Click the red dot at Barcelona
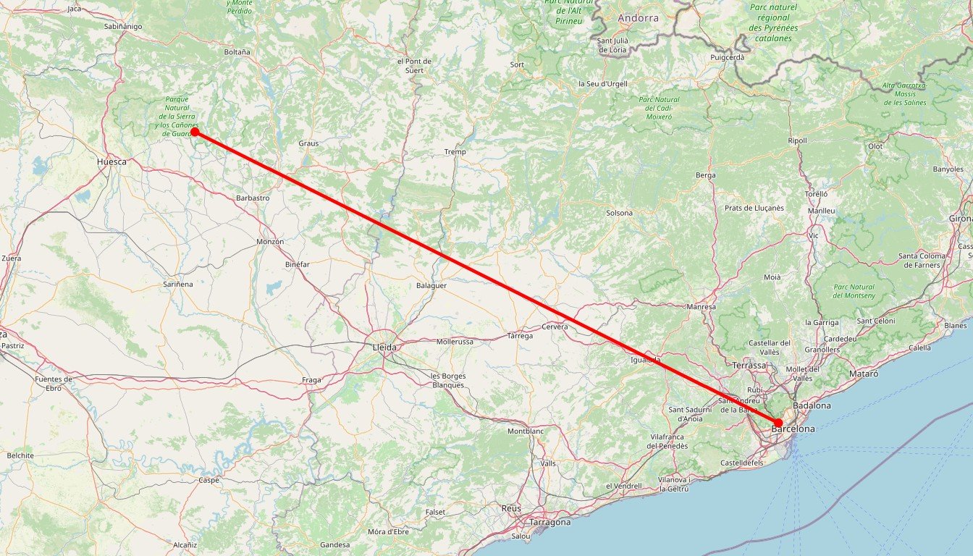coord(778,423)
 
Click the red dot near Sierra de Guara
coord(195,132)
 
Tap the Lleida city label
coord(384,347)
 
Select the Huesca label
coord(111,162)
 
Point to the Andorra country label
coord(639,18)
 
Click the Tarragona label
coord(550,522)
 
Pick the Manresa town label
coord(700,307)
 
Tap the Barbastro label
coord(253,198)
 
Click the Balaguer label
coord(431,285)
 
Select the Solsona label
coord(620,213)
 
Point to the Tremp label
coord(455,152)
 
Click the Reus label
coord(511,509)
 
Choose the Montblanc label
coord(525,431)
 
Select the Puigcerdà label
coord(728,56)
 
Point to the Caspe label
coord(208,480)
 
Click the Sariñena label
coord(178,285)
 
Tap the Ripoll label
coord(797,140)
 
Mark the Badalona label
coord(812,406)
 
